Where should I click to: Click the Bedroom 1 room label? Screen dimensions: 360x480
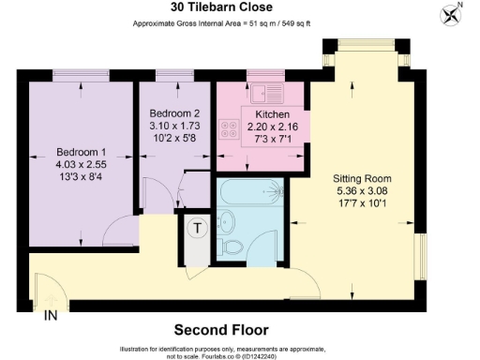[x=81, y=152]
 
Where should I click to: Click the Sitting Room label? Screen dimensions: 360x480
[x=361, y=178]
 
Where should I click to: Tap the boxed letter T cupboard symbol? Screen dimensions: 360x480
[x=198, y=227]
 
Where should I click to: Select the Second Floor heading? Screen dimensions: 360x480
[x=221, y=330]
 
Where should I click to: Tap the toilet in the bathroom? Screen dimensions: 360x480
[x=228, y=222]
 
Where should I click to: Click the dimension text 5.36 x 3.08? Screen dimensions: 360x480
[x=361, y=191]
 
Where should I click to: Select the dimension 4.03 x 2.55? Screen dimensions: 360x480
[x=81, y=166]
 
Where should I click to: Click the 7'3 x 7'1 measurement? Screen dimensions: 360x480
[x=262, y=140]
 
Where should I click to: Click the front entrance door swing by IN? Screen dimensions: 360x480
[x=45, y=289]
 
